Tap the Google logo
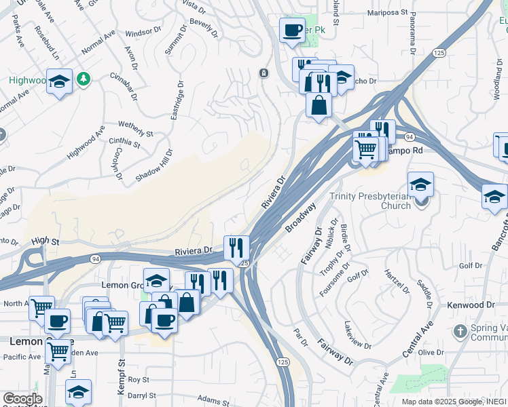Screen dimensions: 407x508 tap(22, 399)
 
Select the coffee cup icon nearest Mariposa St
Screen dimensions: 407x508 tap(292, 31)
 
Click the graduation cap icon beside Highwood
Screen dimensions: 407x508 tap(60, 82)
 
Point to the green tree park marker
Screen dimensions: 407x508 tap(84, 79)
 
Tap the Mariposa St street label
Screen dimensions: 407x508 tap(387, 12)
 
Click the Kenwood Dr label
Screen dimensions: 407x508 tap(471, 306)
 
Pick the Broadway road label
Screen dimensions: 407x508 tap(300, 217)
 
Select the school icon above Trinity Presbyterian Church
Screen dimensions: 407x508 tap(420, 185)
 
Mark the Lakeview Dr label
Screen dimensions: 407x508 tap(358, 335)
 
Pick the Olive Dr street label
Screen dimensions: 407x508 tap(431, 353)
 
